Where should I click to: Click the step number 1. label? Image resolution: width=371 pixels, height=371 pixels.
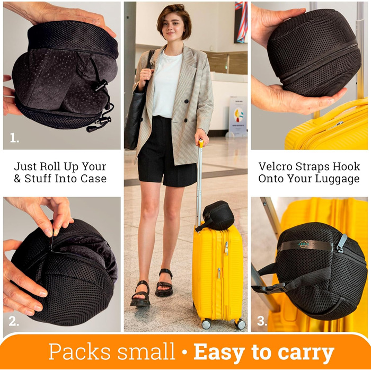14,138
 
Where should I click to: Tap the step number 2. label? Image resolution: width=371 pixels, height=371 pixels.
14,321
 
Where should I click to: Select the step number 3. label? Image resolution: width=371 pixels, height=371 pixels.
262,321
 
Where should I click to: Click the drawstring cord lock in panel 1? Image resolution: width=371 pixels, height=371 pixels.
101,86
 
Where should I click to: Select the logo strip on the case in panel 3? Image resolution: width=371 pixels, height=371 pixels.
306,245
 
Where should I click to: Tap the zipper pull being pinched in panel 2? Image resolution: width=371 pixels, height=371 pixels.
51,240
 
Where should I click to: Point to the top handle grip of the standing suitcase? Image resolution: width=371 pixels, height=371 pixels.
201,144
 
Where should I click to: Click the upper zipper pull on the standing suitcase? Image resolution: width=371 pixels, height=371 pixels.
226,248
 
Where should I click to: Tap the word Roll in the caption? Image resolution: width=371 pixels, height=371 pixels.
50,166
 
